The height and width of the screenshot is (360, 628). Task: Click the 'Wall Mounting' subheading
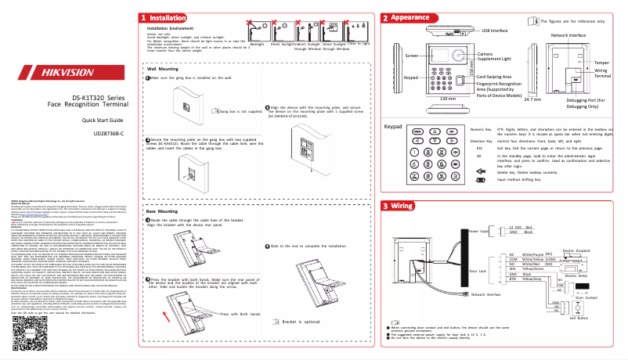(x=164, y=69)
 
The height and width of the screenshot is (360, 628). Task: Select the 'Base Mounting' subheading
(x=164, y=211)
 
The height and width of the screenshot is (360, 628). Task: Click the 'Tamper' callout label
(x=601, y=61)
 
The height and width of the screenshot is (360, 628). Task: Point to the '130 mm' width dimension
(x=448, y=99)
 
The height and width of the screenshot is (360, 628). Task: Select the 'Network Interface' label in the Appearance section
(x=569, y=36)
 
